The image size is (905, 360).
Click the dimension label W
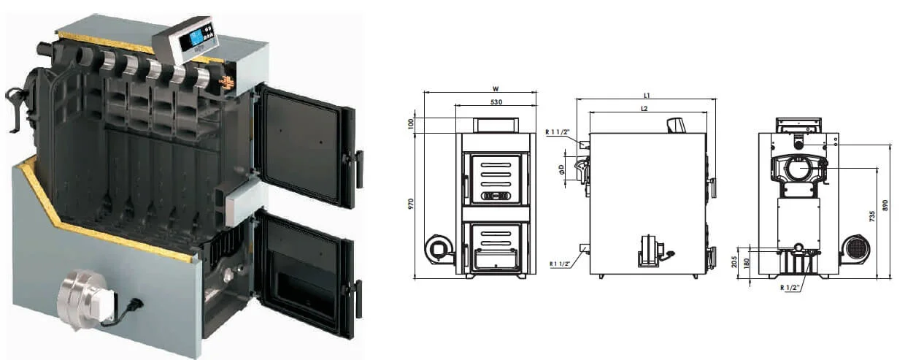(x=496, y=88)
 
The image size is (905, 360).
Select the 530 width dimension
(x=496, y=102)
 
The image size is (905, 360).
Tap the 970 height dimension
(x=411, y=204)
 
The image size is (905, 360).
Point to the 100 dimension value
(x=411, y=123)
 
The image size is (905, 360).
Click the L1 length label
(x=647, y=96)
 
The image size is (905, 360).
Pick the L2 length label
(x=644, y=108)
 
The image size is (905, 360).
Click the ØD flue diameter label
(x=562, y=169)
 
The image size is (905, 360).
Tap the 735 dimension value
(x=872, y=215)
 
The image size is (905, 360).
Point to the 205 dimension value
(x=734, y=262)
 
